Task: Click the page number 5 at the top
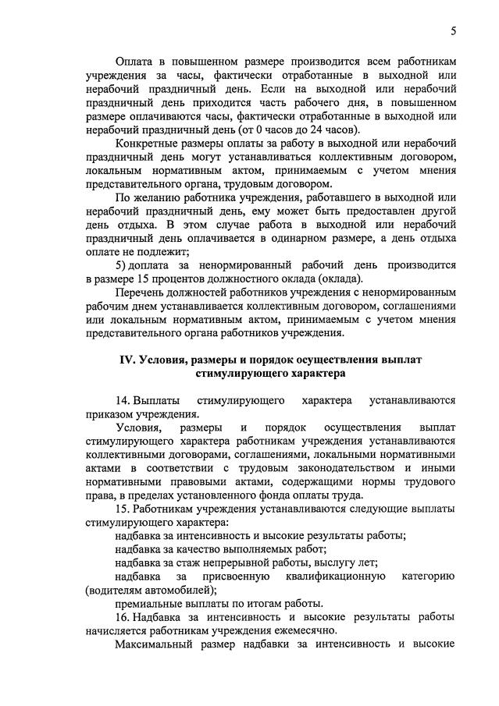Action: click(x=453, y=31)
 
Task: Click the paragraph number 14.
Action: click(x=122, y=400)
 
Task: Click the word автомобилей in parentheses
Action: click(x=177, y=591)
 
